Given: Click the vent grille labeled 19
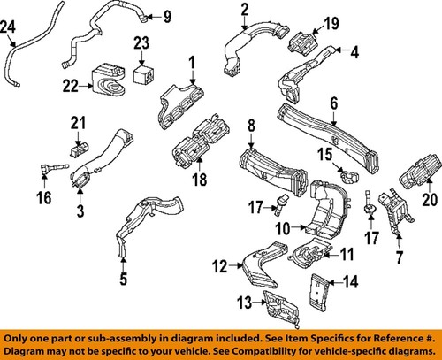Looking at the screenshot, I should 306,42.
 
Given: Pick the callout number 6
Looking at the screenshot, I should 334,103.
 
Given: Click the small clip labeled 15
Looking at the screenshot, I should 353,168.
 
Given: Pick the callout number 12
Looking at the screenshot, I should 218,263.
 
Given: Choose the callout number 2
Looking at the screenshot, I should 243,10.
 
